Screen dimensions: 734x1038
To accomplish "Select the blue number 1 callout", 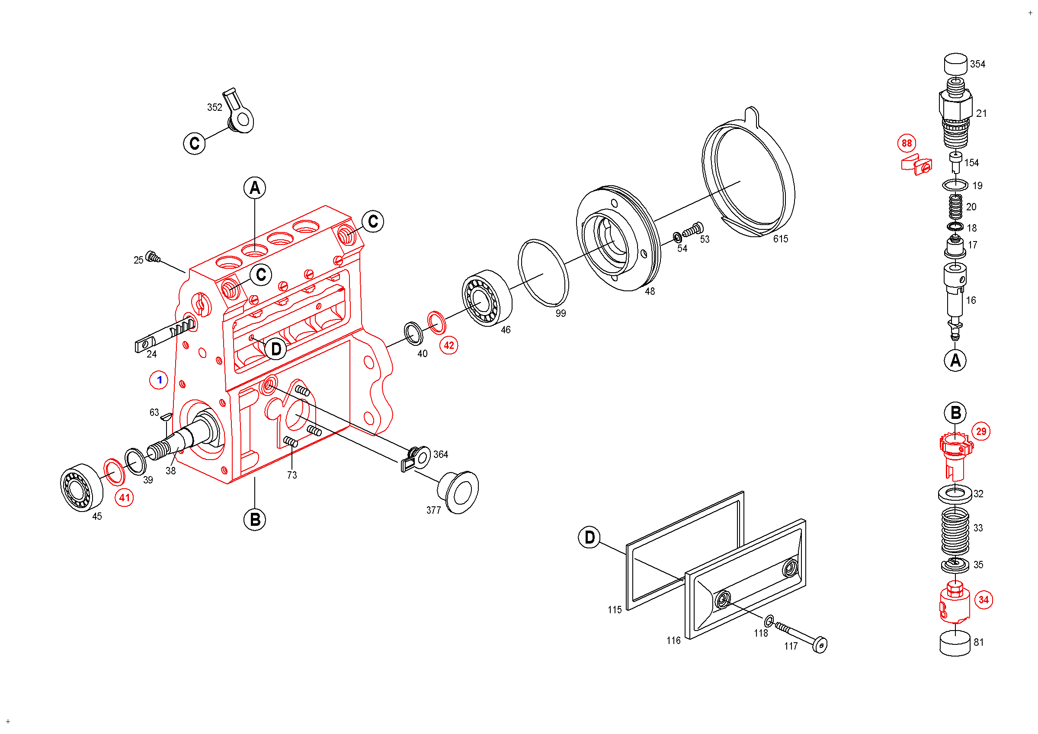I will [159, 380].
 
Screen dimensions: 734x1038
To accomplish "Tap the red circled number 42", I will [449, 345].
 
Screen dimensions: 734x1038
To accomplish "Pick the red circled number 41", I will [124, 498].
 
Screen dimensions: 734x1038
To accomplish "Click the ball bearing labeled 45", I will [81, 487].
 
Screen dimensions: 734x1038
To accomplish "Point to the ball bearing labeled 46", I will [487, 299].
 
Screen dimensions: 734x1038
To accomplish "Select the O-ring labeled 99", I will [543, 273].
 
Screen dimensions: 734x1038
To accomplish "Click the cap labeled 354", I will [955, 64].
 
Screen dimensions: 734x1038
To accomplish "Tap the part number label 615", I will [780, 239].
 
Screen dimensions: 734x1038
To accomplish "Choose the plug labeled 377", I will [458, 492].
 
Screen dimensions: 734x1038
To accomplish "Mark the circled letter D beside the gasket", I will [589, 537].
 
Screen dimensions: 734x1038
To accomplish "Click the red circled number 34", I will [984, 600].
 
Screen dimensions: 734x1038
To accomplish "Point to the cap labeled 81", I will [955, 644].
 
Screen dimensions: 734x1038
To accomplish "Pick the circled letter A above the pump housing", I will [255, 188].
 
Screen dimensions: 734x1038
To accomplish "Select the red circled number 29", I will [980, 431].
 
